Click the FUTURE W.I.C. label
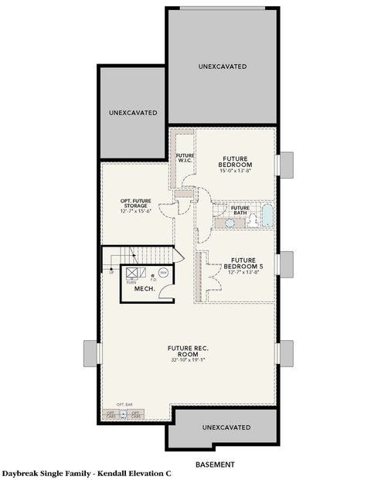click(x=185, y=158)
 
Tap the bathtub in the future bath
click(x=266, y=215)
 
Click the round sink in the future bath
click(x=230, y=223)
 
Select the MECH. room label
click(x=145, y=289)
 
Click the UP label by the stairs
click(x=111, y=271)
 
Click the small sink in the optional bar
click(x=123, y=415)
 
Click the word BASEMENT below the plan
click(x=215, y=465)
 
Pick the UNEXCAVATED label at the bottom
click(x=226, y=427)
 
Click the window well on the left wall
click(x=97, y=352)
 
